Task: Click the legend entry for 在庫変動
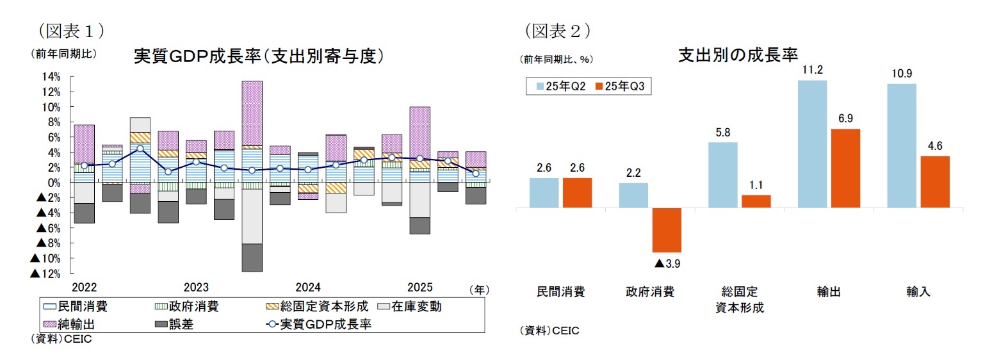(410, 307)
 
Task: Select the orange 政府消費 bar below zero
(667, 230)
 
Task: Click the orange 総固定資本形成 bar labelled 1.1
(756, 201)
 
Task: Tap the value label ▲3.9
(666, 263)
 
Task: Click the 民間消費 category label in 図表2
(560, 292)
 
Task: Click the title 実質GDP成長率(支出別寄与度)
(258, 56)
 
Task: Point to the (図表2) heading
(557, 29)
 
